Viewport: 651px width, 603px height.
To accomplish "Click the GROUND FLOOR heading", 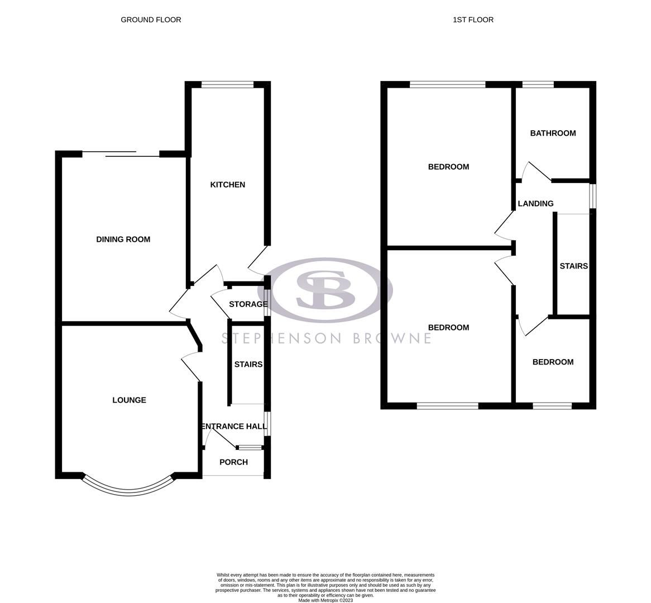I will [151, 20].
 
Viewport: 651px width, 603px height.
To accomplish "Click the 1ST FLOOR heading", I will [473, 20].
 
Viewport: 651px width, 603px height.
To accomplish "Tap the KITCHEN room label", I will [227, 185].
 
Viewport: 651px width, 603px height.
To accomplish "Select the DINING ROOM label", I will [123, 240].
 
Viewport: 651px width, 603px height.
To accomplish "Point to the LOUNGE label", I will [129, 400].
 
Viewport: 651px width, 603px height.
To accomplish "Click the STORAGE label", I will [248, 304].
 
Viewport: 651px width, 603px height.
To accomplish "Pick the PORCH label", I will [233, 462].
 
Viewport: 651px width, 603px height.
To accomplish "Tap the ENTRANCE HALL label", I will [233, 427].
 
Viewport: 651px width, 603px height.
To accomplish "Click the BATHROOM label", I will [553, 133].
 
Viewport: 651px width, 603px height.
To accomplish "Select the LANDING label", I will [535, 204].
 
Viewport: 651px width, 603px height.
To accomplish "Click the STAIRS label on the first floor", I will [573, 266].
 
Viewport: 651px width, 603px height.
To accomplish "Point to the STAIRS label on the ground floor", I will [248, 365].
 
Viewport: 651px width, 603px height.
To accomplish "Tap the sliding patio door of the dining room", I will [121, 154].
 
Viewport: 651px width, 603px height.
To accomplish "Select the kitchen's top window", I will [227, 85].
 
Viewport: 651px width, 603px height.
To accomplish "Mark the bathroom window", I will [538, 85].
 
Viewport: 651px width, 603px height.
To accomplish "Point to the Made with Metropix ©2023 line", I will [325, 600].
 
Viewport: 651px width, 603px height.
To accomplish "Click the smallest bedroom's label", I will [553, 362].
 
